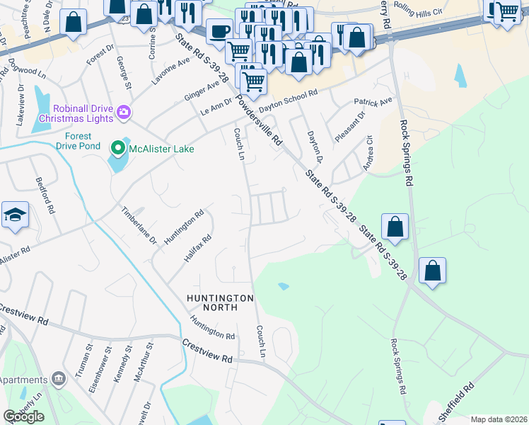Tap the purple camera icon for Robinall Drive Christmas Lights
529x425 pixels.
[123, 112]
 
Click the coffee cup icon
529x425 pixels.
[219, 32]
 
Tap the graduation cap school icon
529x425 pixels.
[14, 216]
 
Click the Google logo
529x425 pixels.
[24, 416]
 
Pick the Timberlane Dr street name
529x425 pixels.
[139, 225]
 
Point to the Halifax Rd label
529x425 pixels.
[197, 249]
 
